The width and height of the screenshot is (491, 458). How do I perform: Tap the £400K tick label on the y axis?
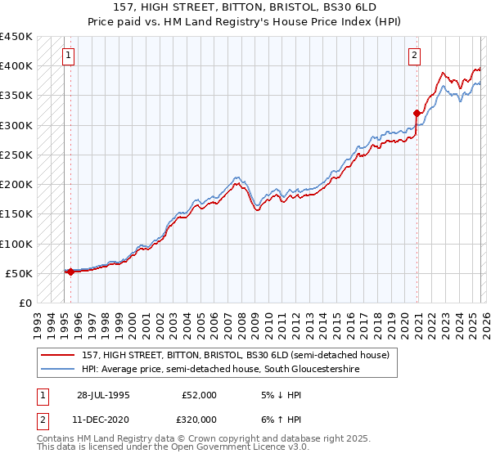click(16, 66)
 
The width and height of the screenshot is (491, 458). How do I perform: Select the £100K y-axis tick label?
click(16, 244)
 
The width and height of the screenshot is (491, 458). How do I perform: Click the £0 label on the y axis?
click(25, 303)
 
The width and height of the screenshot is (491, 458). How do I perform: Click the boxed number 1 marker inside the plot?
click(68, 56)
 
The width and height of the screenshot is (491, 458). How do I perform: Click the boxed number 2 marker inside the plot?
click(415, 56)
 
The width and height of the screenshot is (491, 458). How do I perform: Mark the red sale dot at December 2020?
click(417, 113)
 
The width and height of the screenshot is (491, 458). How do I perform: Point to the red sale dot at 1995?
click(70, 272)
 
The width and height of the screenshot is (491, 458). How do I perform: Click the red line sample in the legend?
click(58, 355)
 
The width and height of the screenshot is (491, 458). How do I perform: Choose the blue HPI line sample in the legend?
click(58, 369)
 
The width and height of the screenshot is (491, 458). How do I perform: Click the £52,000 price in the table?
click(199, 395)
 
